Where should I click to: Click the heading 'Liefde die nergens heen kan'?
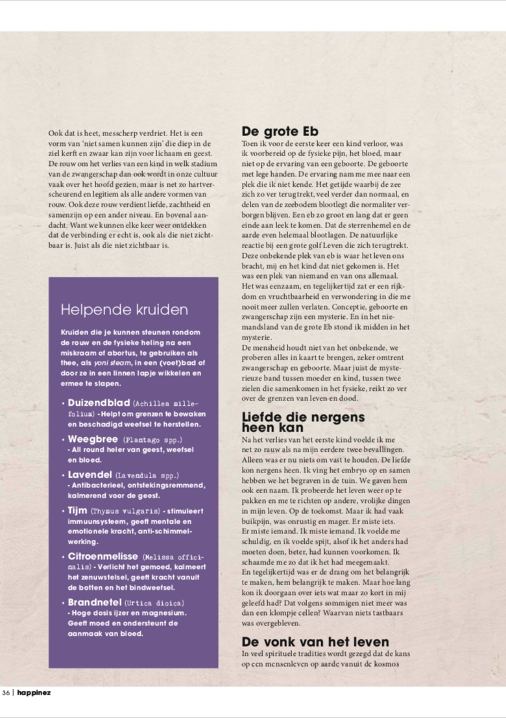pyautogui.click(x=302, y=422)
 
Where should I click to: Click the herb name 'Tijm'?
pyautogui.click(x=77, y=510)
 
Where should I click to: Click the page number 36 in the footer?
pyautogui.click(x=6, y=693)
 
